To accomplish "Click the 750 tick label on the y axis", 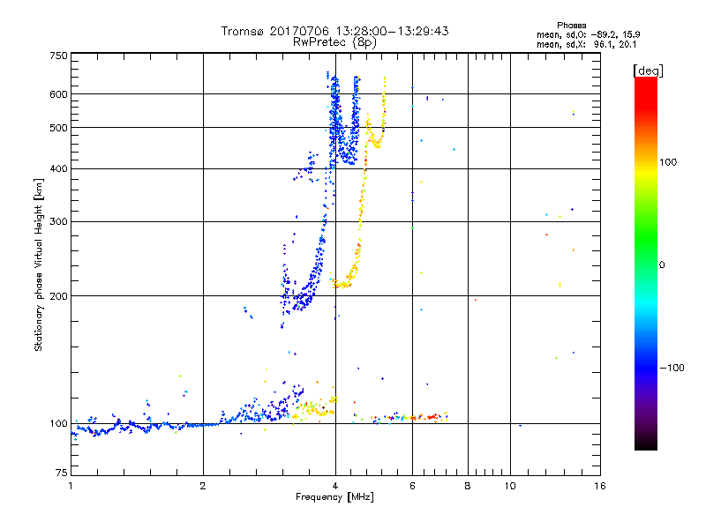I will pyautogui.click(x=58, y=56).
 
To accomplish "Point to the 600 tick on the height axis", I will pyautogui.click(x=58, y=93).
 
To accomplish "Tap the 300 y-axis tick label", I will pyautogui.click(x=58, y=221).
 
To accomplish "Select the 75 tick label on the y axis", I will pyautogui.click(x=61, y=472).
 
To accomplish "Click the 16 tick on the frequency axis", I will pyautogui.click(x=599, y=485).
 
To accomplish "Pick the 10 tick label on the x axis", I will pyautogui.click(x=510, y=485).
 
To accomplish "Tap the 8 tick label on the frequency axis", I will pyautogui.click(x=468, y=485).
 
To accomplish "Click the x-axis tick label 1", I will pyautogui.click(x=71, y=485).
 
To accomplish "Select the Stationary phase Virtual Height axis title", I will pyautogui.click(x=38, y=264).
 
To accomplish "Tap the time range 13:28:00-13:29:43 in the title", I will pyautogui.click(x=388, y=31).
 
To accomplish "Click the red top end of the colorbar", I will pyautogui.click(x=646, y=81).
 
